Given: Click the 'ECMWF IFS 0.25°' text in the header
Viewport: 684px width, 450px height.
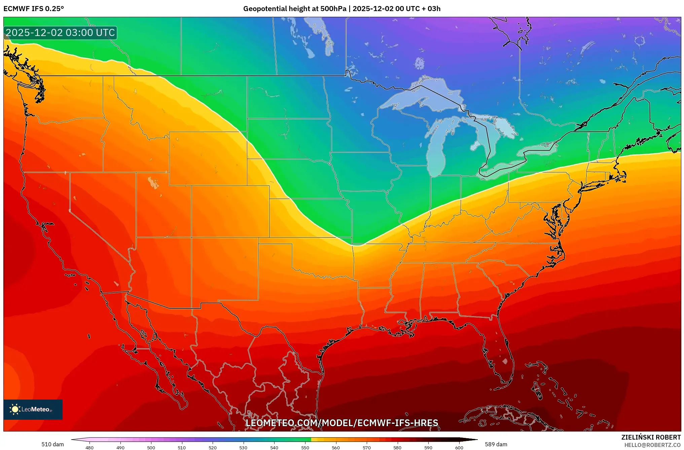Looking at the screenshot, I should [34, 9].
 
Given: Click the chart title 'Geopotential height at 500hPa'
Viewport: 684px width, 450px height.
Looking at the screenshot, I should [294, 9].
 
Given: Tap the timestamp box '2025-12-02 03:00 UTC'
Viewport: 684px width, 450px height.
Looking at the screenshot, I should [61, 33].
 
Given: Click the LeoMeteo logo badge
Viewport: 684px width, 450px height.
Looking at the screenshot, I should [33, 409].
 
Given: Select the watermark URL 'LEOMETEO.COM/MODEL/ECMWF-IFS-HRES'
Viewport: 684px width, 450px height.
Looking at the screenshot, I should [342, 423].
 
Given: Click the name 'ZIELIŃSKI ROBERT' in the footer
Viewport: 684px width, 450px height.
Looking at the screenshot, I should [651, 437].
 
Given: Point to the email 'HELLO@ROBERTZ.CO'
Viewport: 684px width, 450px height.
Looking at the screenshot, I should [652, 445].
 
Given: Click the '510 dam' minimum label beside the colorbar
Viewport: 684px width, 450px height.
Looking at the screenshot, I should [52, 444].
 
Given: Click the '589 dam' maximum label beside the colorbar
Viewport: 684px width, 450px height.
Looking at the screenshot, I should [496, 444].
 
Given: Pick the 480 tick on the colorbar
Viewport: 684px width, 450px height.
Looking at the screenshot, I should [89, 447].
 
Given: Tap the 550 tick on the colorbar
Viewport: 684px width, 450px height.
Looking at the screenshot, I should [305, 447].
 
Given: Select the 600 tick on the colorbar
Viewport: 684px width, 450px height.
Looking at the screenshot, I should [459, 447].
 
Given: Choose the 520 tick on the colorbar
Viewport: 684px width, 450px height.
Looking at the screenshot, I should [213, 447].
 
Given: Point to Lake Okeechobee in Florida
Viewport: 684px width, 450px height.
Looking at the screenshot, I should [505, 361].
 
